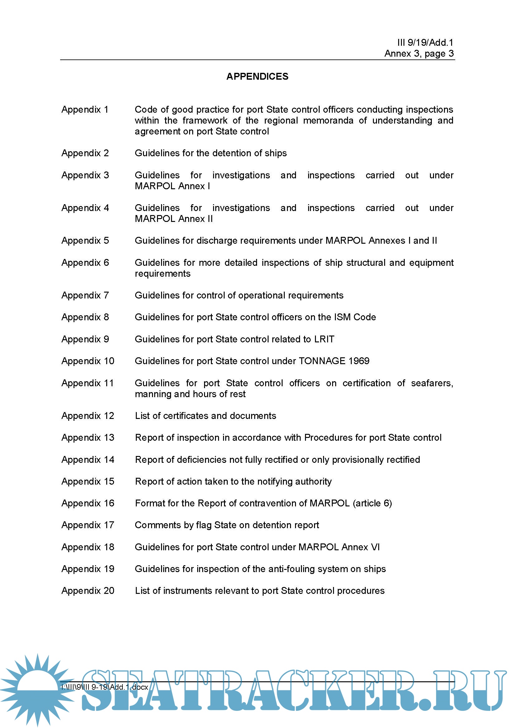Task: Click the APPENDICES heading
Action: pyautogui.click(x=257, y=77)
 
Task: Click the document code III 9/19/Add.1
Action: pyautogui.click(x=425, y=43)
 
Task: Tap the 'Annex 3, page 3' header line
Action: pyautogui.click(x=419, y=53)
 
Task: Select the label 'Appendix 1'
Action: pyautogui.click(x=85, y=110)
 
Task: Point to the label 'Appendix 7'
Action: pyautogui.click(x=85, y=295)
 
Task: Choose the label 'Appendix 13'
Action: pyautogui.click(x=88, y=438)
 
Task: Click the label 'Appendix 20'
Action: pyautogui.click(x=88, y=591)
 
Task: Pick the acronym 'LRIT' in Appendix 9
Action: pyautogui.click(x=324, y=339)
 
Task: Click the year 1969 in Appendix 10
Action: pyautogui.click(x=359, y=361)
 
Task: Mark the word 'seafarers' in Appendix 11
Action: pyautogui.click(x=431, y=383)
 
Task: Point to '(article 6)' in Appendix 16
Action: pyautogui.click(x=372, y=503)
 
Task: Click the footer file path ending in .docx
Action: pyautogui.click(x=105, y=687)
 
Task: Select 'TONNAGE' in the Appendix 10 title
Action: pyautogui.click(x=322, y=361)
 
